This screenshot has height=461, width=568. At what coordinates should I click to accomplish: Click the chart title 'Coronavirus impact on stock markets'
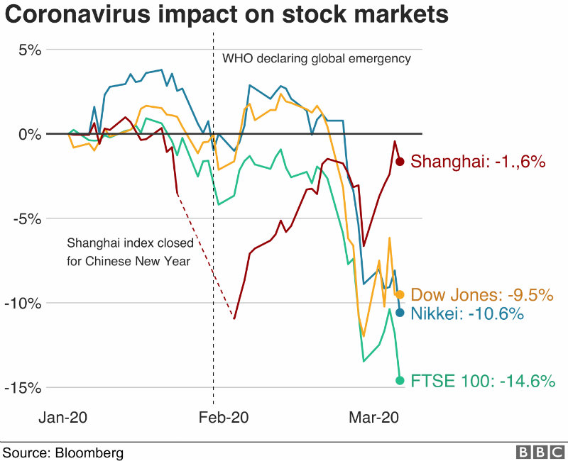tap(226, 16)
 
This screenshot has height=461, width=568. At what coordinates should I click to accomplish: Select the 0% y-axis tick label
tap(30, 134)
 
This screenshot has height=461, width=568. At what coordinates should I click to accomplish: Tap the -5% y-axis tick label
tap(28, 218)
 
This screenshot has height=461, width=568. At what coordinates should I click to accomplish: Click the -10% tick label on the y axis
tap(25, 303)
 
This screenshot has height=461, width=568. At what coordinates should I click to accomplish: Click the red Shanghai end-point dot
tap(400, 162)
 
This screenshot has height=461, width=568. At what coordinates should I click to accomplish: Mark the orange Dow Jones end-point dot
tap(400, 294)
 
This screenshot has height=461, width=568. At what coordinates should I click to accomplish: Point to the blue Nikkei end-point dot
tap(400, 313)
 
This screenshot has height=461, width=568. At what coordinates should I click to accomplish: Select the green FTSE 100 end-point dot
tap(400, 380)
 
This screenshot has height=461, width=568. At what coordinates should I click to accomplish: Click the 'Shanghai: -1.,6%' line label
tap(478, 162)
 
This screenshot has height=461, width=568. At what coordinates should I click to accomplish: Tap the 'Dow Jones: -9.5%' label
tap(482, 295)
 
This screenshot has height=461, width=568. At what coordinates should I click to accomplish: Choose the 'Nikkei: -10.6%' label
tap(467, 313)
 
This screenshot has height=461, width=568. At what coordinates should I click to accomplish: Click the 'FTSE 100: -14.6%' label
tap(483, 381)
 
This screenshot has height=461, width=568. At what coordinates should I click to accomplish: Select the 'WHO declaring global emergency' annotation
tap(317, 59)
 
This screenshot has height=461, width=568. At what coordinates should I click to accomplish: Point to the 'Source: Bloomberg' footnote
tap(63, 452)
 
